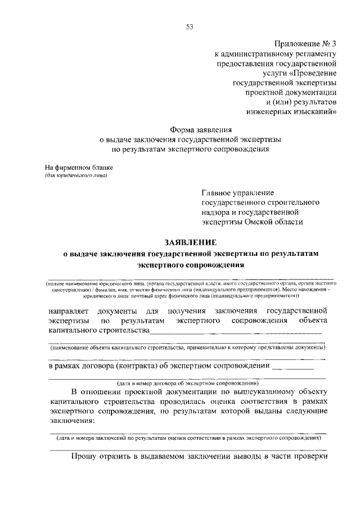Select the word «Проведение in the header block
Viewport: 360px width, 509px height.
[x=312, y=73]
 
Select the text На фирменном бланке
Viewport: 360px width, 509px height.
[x=79, y=168]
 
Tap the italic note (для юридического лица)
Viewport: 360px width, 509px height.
[x=76, y=176]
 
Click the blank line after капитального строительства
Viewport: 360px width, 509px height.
[x=236, y=332]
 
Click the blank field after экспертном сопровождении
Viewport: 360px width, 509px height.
[x=292, y=368]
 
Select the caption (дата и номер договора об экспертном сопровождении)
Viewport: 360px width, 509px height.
[x=188, y=382]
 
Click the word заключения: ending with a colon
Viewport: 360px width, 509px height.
[x=71, y=421]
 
